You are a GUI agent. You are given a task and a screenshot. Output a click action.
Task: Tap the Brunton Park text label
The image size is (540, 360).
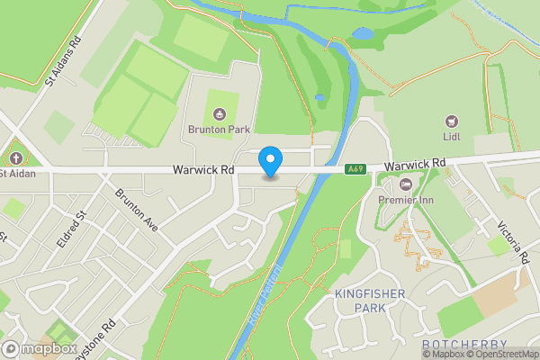(219, 129)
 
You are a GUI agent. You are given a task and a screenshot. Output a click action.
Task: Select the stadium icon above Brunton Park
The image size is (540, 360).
(219, 113)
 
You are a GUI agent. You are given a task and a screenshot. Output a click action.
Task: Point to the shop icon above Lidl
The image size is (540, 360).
(452, 121)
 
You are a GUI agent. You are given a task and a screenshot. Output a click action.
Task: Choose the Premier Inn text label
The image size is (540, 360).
(405, 199)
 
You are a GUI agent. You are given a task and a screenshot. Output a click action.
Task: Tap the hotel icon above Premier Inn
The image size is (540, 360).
(405, 184)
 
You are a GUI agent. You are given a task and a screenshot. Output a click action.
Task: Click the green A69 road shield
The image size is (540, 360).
(355, 168)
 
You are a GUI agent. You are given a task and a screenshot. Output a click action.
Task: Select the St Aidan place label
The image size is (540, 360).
(17, 173)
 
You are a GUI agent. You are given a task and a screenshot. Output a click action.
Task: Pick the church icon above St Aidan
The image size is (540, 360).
(13, 157)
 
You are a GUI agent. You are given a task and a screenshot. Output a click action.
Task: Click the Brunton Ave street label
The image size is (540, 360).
(136, 211)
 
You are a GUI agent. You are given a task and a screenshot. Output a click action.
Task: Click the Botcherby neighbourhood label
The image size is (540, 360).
(463, 345)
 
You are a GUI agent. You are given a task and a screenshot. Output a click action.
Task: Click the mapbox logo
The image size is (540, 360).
(40, 348)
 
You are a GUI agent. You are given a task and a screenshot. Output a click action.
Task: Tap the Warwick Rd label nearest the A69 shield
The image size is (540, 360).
(415, 165)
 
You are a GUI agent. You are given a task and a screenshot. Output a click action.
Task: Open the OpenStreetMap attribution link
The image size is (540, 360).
(504, 354)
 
